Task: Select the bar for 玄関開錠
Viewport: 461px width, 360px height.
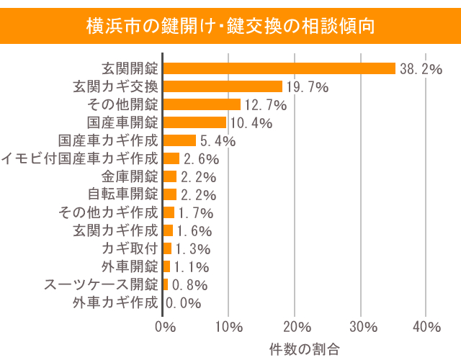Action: click(279, 68)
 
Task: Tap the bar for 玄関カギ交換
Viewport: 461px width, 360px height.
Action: click(223, 86)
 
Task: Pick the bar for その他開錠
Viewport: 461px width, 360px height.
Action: click(202, 104)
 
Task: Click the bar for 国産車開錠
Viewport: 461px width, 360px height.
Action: click(194, 122)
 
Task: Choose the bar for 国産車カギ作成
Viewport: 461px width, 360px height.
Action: click(179, 140)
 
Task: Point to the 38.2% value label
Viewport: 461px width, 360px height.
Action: click(421, 69)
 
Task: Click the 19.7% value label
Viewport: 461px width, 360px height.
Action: click(307, 87)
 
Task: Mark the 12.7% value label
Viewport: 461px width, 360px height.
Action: click(265, 105)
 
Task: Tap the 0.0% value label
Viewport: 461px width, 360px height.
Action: click(183, 303)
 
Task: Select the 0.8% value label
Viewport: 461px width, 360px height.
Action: click(189, 285)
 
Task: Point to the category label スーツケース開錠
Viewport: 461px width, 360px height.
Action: click(100, 284)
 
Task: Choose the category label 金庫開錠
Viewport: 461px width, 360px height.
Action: click(129, 176)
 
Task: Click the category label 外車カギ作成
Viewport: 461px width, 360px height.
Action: click(115, 302)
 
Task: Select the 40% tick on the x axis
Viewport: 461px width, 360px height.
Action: click(425, 327)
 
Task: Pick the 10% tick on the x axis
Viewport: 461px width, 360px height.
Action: click(228, 327)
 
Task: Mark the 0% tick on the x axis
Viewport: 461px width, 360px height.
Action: click(165, 327)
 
